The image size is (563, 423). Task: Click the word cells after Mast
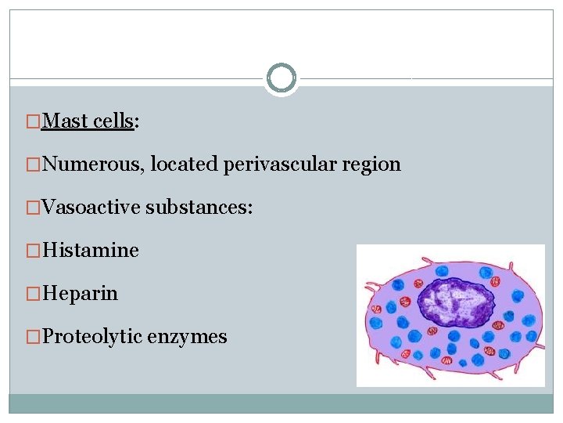click(x=113, y=121)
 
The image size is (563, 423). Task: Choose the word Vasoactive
click(x=90, y=208)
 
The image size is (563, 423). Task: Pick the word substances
click(x=199, y=208)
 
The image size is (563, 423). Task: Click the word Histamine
click(x=91, y=251)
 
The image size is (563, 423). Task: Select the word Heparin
click(x=81, y=294)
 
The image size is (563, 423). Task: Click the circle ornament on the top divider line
click(x=281, y=78)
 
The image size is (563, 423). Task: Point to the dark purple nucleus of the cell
click(x=458, y=301)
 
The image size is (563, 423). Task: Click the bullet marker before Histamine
click(x=34, y=251)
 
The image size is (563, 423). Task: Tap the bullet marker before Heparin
click(x=34, y=295)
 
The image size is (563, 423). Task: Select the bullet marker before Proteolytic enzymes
click(x=34, y=338)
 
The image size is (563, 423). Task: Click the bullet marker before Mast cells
click(x=34, y=122)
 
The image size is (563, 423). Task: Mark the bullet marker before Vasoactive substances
click(x=34, y=208)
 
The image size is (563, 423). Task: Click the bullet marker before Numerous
click(x=34, y=165)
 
